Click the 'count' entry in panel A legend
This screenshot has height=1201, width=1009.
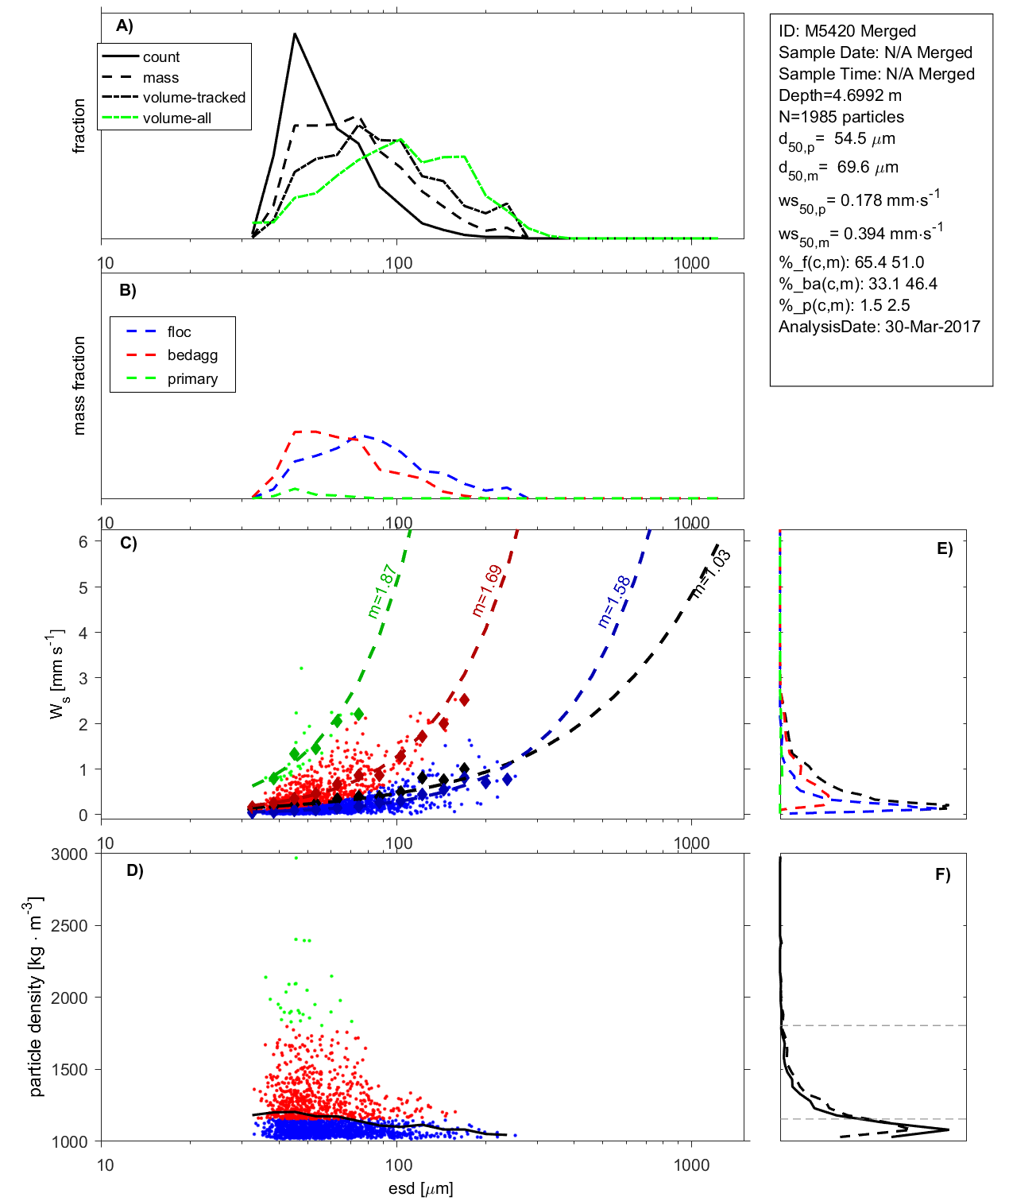click(161, 57)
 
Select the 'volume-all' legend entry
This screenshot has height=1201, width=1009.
click(177, 118)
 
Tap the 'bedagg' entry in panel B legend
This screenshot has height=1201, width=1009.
click(192, 355)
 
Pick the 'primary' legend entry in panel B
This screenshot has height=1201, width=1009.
click(192, 379)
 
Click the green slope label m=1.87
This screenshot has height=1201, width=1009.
click(381, 591)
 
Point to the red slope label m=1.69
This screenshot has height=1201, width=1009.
click(486, 591)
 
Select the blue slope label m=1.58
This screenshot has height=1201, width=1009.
click(614, 602)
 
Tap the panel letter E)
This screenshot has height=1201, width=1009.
click(944, 548)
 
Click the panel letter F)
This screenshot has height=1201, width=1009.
click(943, 874)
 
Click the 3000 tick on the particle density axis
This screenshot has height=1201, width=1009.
click(69, 854)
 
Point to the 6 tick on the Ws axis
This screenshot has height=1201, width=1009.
click(83, 541)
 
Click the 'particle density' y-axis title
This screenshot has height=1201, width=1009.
click(36, 998)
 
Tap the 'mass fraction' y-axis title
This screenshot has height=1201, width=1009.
click(79, 385)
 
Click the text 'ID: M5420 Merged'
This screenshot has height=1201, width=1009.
click(847, 31)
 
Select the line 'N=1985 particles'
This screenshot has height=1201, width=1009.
click(841, 117)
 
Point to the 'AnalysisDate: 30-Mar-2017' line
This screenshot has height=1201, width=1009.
click(879, 327)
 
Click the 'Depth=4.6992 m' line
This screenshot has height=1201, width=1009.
click(840, 95)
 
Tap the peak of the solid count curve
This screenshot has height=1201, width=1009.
click(294, 34)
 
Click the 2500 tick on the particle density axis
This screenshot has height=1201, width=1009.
click(69, 926)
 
